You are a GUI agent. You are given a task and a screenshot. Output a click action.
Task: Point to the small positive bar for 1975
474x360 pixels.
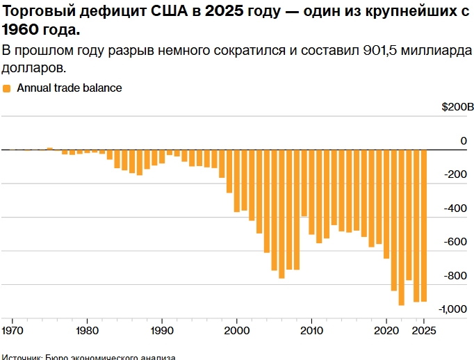click(49, 148)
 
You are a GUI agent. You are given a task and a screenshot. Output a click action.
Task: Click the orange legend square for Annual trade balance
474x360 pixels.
click(7, 88)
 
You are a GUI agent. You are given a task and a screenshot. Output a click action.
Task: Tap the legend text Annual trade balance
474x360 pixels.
click(69, 88)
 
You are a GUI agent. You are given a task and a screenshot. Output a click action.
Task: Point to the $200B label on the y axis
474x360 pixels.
click(457, 108)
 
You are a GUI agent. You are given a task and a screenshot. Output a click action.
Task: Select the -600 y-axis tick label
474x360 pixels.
click(457, 242)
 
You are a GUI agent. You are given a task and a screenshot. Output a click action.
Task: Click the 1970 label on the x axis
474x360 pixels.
click(12, 330)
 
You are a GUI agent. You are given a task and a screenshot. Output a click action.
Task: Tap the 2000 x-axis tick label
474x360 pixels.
click(237, 330)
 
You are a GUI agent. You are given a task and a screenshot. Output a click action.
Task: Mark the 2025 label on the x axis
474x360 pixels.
click(423, 330)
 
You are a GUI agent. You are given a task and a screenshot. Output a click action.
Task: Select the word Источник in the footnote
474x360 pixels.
click(21, 357)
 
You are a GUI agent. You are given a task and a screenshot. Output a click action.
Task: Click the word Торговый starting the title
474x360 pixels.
click(33, 11)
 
